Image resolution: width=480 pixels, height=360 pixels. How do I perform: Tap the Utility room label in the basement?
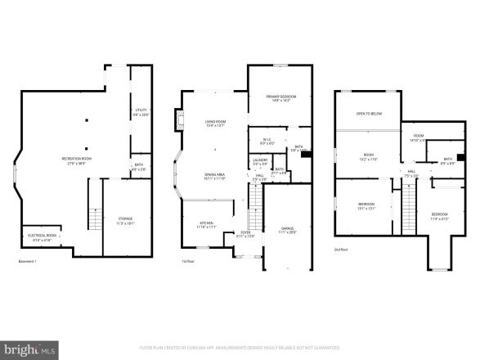tap(140, 112)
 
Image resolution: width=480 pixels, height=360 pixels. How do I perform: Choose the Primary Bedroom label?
tap(280, 98)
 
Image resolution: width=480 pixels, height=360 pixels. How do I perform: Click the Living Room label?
tap(215, 124)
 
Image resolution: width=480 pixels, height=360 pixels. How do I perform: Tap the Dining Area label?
tap(215, 176)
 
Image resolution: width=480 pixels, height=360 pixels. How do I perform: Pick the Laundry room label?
tap(260, 162)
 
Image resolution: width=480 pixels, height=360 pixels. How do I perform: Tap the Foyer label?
tap(245, 234)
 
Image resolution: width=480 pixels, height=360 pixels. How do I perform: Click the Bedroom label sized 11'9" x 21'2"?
tap(439, 217)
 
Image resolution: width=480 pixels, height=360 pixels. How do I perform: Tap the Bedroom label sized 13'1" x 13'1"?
tap(366, 206)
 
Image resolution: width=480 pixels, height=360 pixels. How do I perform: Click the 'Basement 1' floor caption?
tap(28, 262)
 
